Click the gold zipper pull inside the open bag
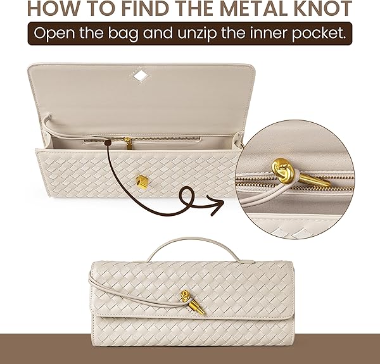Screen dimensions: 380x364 128,143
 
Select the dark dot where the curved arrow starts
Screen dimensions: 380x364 108,143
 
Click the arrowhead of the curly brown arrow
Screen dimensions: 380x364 217,204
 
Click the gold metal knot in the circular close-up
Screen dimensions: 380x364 283,168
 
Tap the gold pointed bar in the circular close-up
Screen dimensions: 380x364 315,180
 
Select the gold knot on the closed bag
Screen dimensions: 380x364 186,296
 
